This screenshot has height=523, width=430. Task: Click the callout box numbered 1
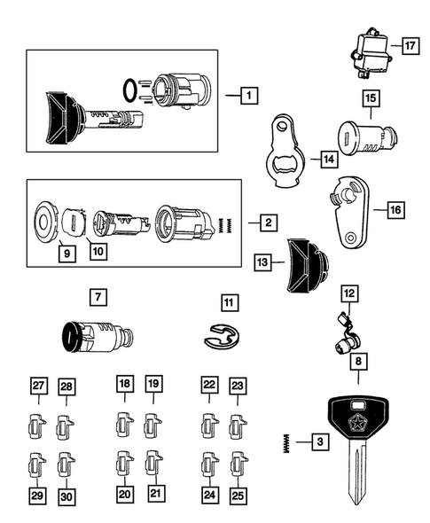point(250,94)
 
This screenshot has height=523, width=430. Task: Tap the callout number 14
point(329,160)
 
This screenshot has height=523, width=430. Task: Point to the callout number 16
point(395,210)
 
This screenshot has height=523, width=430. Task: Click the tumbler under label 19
point(152,424)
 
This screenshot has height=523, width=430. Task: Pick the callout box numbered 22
point(209,384)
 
